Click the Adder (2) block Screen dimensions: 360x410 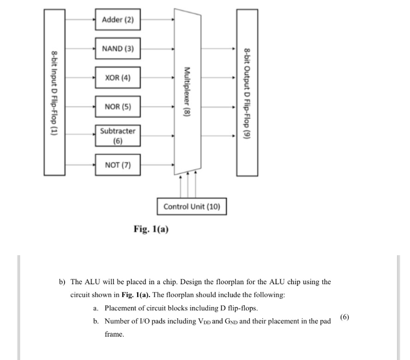(118, 20)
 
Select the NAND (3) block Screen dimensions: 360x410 (118, 48)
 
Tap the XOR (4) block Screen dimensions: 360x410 (118, 77)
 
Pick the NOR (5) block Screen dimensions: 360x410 (118, 106)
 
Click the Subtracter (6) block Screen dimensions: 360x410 (118, 135)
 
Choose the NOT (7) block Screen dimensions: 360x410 (118, 164)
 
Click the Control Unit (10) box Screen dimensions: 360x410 (192, 207)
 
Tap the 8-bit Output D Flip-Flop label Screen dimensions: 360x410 (247, 92)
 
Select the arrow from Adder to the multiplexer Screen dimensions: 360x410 (157, 20)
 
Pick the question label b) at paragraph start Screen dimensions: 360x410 (63, 281)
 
